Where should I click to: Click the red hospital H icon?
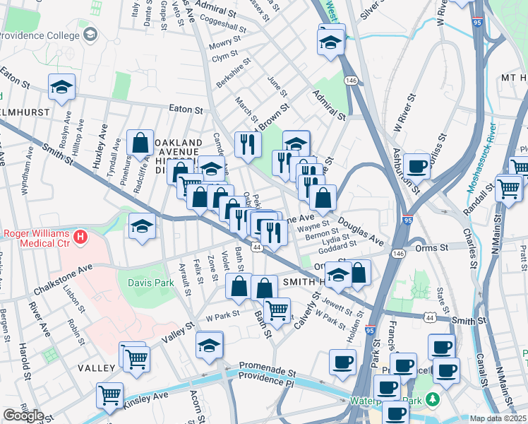81,235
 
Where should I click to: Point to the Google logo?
23,416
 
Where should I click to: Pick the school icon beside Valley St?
210,345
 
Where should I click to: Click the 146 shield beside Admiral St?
349,82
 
